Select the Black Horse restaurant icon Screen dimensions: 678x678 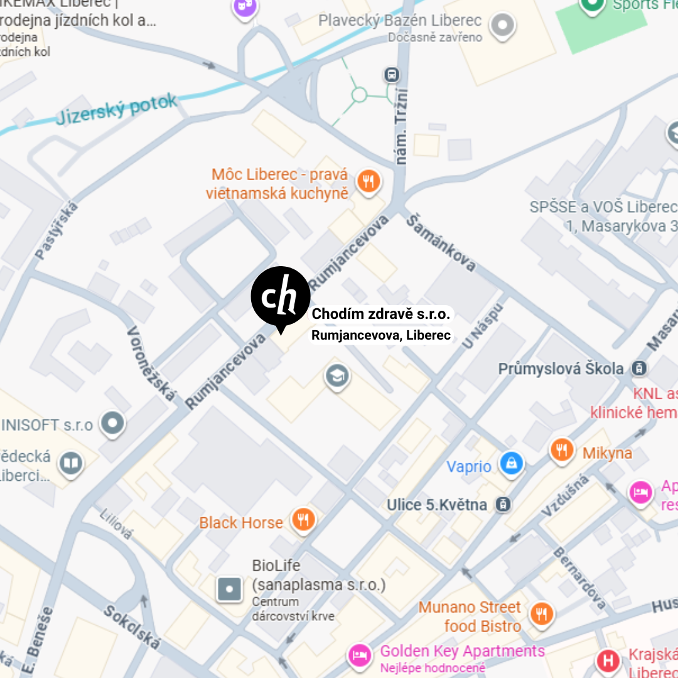coord(304,520)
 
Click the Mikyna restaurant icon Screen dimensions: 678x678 coord(562,449)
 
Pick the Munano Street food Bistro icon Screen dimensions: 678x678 coord(541,613)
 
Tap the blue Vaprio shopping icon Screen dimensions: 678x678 coord(512,464)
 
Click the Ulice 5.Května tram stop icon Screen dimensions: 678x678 coord(503,503)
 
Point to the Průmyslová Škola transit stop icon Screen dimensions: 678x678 coord(639,369)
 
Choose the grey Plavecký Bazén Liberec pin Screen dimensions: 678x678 coord(502,26)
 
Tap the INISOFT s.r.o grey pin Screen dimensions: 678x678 coord(113,423)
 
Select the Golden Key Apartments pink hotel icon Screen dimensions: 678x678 coord(360,655)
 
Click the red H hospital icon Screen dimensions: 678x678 coord(608,660)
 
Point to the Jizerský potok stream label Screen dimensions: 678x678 coord(117,109)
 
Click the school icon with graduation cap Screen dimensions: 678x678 coord(337,377)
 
